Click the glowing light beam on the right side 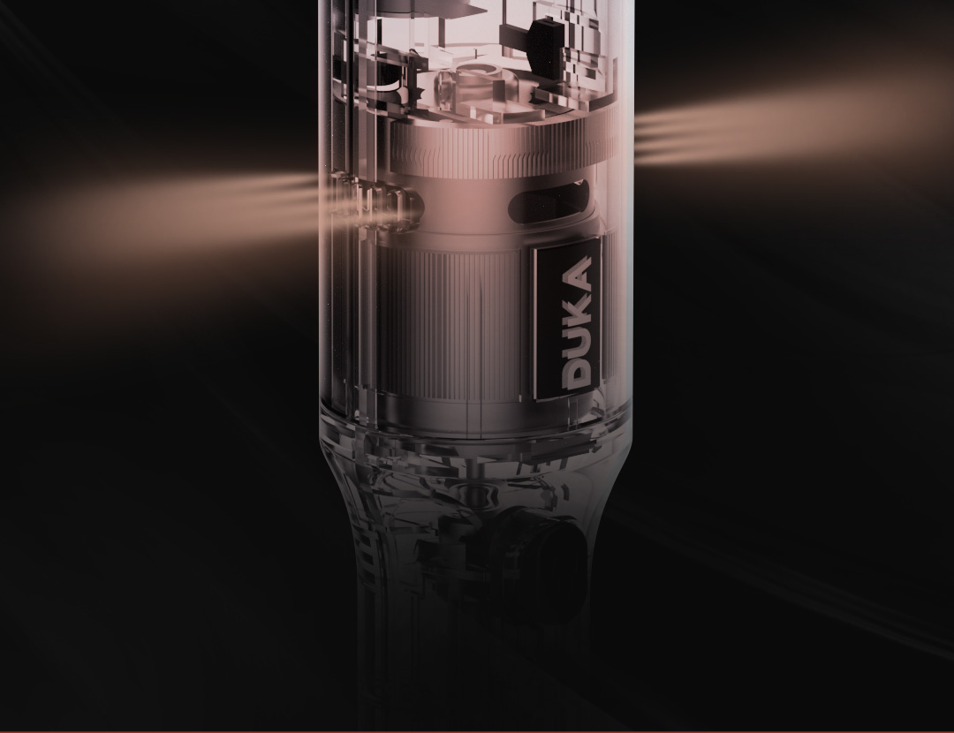pos(791,122)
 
